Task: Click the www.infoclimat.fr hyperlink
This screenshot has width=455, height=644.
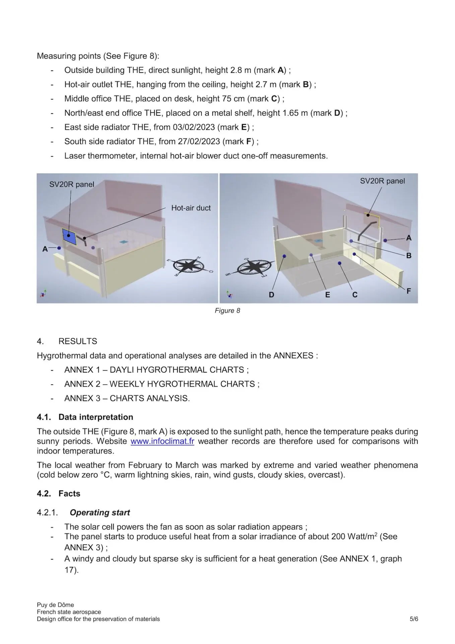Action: [x=162, y=441]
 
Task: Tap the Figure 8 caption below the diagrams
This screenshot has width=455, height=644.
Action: [x=227, y=311]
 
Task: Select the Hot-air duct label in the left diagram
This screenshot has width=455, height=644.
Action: [x=191, y=208]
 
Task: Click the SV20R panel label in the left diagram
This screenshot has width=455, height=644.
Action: [x=72, y=184]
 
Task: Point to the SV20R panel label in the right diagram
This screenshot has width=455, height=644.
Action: [x=382, y=181]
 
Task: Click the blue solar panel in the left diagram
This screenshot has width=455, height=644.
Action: [x=69, y=236]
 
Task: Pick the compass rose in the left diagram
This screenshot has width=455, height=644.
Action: [x=190, y=266]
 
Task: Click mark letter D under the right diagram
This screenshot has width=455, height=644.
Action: [x=271, y=295]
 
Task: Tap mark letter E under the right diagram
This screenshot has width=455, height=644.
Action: [x=327, y=295]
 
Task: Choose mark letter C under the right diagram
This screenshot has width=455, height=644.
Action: [x=355, y=295]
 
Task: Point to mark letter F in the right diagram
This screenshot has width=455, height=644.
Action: [x=409, y=291]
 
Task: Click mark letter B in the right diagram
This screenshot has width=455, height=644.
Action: [x=409, y=256]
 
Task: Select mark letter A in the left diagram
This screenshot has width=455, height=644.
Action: [x=45, y=249]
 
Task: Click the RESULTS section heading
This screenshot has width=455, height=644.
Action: [x=78, y=341]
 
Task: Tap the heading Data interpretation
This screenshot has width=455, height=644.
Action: [x=96, y=417]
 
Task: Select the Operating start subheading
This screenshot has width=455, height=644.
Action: [x=100, y=513]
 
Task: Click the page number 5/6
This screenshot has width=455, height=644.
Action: [x=414, y=619]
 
